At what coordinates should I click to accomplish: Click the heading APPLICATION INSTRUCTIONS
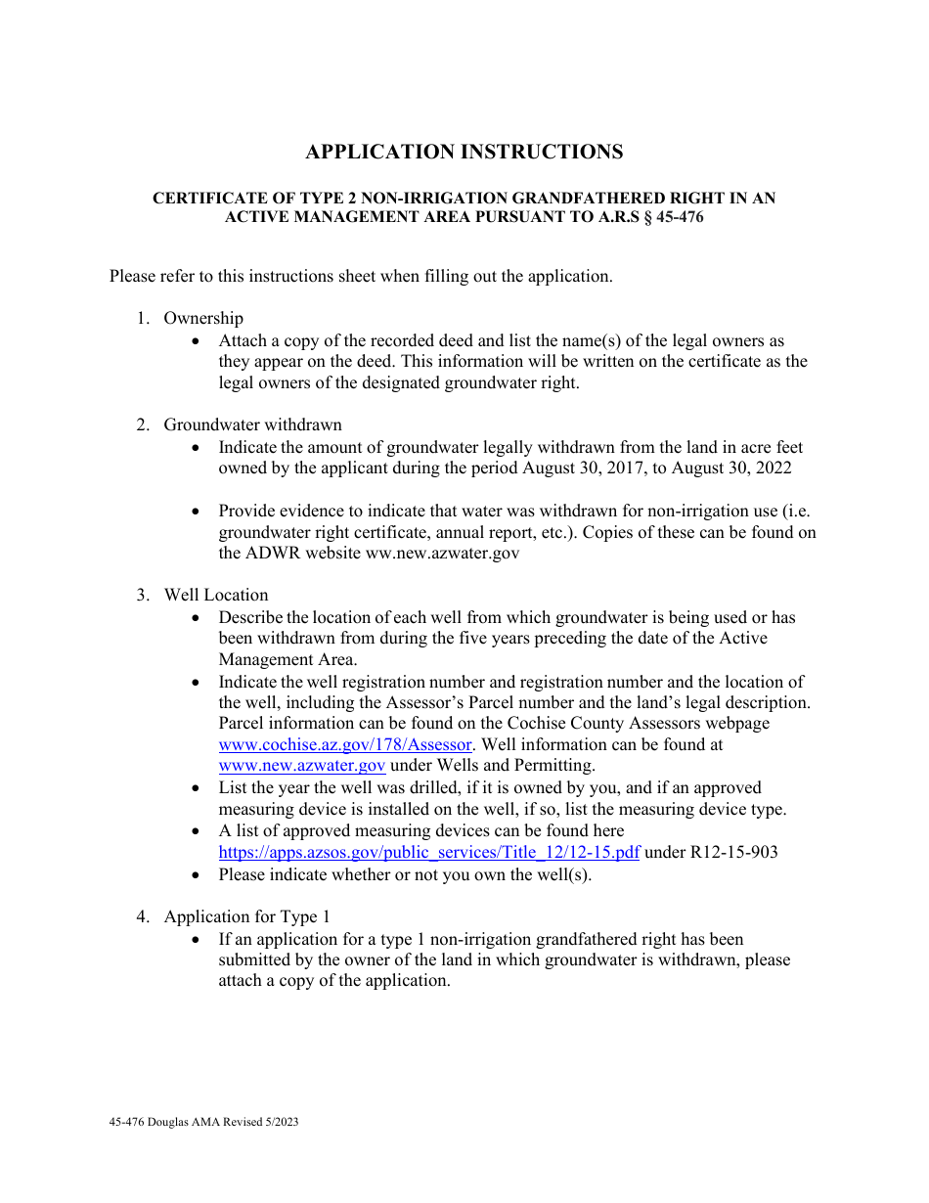tap(464, 152)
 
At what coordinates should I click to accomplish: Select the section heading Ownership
tap(203, 318)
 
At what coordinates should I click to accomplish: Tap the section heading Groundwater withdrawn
tap(252, 424)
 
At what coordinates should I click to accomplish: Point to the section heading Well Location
tap(215, 595)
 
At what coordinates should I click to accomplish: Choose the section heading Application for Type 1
tap(246, 916)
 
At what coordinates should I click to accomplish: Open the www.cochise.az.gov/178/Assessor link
tap(346, 744)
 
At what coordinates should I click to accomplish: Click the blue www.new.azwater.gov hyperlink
tap(302, 766)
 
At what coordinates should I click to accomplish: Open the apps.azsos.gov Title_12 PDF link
tap(429, 852)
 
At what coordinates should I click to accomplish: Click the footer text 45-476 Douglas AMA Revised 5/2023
tap(204, 1122)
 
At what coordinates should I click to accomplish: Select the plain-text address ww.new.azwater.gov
tap(442, 554)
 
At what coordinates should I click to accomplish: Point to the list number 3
tap(142, 595)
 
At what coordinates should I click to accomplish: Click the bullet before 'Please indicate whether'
tap(199, 874)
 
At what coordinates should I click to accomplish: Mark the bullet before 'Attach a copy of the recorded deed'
tap(199, 341)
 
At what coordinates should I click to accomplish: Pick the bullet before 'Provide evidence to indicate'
tap(199, 512)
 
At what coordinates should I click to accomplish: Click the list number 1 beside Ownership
tap(142, 318)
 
